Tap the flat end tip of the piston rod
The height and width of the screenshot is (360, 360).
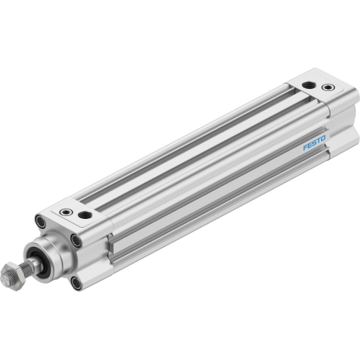click(5, 278)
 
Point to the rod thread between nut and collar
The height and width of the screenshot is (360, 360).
click(27, 267)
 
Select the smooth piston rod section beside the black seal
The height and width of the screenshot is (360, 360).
click(37, 262)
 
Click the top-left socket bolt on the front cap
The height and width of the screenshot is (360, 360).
click(40, 221)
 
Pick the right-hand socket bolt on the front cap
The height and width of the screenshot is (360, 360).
click(76, 240)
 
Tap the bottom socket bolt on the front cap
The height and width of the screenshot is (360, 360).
click(76, 284)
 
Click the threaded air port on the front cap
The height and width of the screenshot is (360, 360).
click(84, 215)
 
